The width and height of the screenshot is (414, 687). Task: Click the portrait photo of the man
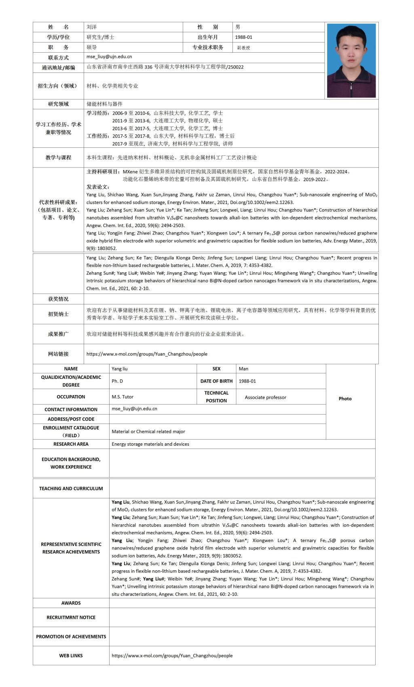pyautogui.click(x=351, y=60)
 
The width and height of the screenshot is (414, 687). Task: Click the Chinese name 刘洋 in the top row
pyautogui.click(x=92, y=27)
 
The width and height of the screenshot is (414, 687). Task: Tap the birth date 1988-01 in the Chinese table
pyautogui.click(x=243, y=37)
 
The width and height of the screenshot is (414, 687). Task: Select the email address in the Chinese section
pyautogui.click(x=109, y=57)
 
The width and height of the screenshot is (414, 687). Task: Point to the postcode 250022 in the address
pyautogui.click(x=236, y=67)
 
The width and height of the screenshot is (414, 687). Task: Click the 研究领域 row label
pyautogui.click(x=58, y=104)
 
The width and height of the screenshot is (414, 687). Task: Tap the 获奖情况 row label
pyautogui.click(x=58, y=299)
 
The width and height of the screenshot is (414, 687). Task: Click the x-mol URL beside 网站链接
pyautogui.click(x=147, y=354)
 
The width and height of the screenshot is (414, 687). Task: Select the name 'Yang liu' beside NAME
pyautogui.click(x=120, y=369)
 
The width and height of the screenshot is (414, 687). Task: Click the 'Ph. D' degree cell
pyautogui.click(x=117, y=381)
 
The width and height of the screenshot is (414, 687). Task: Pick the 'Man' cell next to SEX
pyautogui.click(x=243, y=369)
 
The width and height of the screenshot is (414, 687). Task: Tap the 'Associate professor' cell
pyautogui.click(x=265, y=397)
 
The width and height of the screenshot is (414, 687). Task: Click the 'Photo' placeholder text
pyautogui.click(x=345, y=399)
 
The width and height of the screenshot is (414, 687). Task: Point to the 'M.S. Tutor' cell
pyautogui.click(x=123, y=397)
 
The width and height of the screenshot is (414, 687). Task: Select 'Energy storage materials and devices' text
pyautogui.click(x=150, y=444)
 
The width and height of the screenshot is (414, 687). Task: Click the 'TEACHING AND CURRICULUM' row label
pyautogui.click(x=71, y=489)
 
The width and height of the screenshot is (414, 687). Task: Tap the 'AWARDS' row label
pyautogui.click(x=71, y=603)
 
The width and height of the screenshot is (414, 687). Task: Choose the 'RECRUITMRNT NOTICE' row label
pyautogui.click(x=71, y=617)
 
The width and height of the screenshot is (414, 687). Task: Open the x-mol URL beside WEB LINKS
pyautogui.click(x=172, y=655)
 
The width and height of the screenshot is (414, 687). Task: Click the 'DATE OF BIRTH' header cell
pyautogui.click(x=216, y=381)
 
